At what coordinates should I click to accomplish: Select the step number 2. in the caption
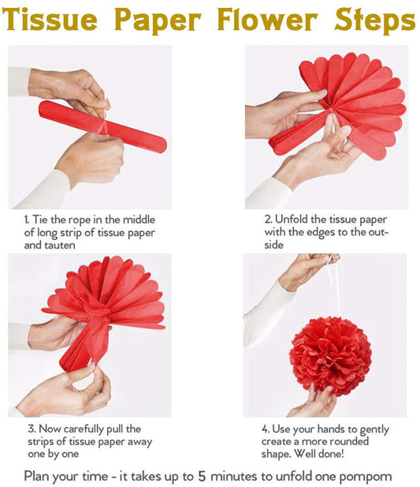tap(268, 219)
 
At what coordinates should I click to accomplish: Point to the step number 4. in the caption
tap(266, 429)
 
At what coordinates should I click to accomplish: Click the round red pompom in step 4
tap(329, 355)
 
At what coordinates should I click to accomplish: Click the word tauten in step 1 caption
tap(65, 245)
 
